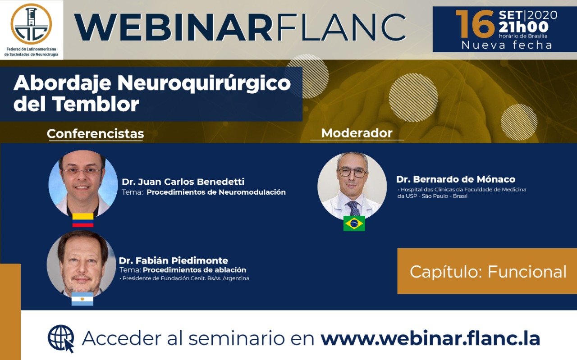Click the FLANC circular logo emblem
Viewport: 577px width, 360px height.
tap(31, 24)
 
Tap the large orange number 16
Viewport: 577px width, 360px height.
tap(475, 24)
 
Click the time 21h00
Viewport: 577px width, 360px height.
tap(524, 27)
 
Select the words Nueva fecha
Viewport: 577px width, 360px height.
tap(507, 45)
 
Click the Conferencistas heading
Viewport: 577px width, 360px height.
tap(95, 134)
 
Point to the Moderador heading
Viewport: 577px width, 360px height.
tap(357, 133)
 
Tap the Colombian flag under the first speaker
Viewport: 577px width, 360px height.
tap(82, 220)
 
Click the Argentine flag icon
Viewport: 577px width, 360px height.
tap(82, 299)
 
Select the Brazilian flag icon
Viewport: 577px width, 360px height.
tap(354, 223)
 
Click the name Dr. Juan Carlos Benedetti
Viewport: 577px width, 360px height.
tap(183, 182)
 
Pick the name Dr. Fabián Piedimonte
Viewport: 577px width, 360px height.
tap(174, 260)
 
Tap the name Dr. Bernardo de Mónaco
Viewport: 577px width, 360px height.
tap(456, 179)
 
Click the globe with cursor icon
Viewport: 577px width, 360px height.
tap(61, 338)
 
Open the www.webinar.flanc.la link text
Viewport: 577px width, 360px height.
tap(430, 338)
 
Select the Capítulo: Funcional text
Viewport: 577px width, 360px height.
tap(488, 272)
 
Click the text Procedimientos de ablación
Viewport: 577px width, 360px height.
tap(194, 270)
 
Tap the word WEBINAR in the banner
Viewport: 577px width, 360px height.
tap(173, 27)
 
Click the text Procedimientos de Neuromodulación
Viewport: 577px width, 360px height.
tap(216, 192)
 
